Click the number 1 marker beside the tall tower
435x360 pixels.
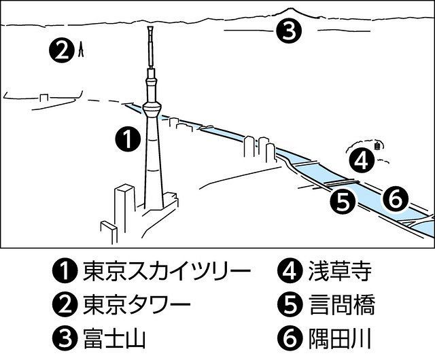[x=128, y=139]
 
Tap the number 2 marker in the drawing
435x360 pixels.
[x=61, y=49]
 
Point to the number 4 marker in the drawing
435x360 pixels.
[x=362, y=160]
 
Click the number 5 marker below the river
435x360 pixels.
[x=343, y=201]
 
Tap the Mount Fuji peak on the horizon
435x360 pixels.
[x=292, y=9]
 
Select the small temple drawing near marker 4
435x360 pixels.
[x=378, y=143]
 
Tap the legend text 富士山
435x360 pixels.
[x=113, y=336]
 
